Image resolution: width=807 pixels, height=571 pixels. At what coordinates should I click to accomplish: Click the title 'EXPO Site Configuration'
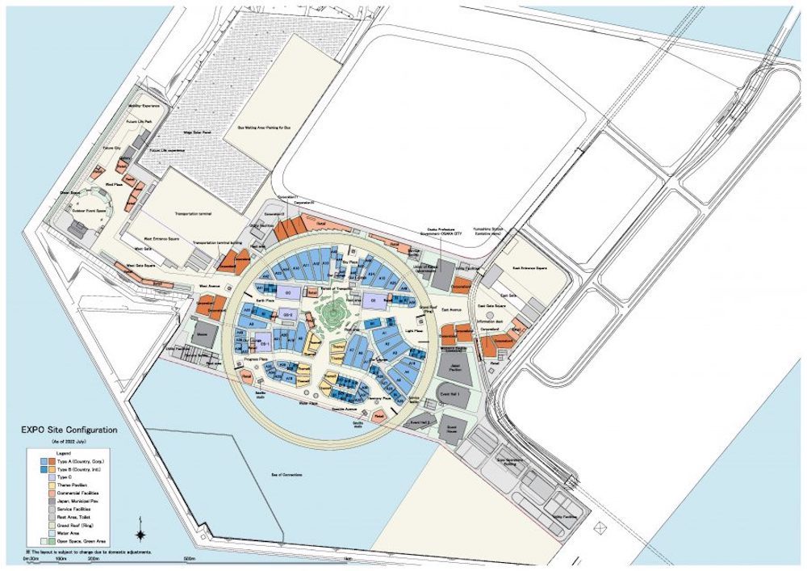[x=71, y=431]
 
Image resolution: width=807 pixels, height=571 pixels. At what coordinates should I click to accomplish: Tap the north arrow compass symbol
[x=141, y=533]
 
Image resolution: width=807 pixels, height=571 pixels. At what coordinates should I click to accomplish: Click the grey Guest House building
[x=451, y=428]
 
